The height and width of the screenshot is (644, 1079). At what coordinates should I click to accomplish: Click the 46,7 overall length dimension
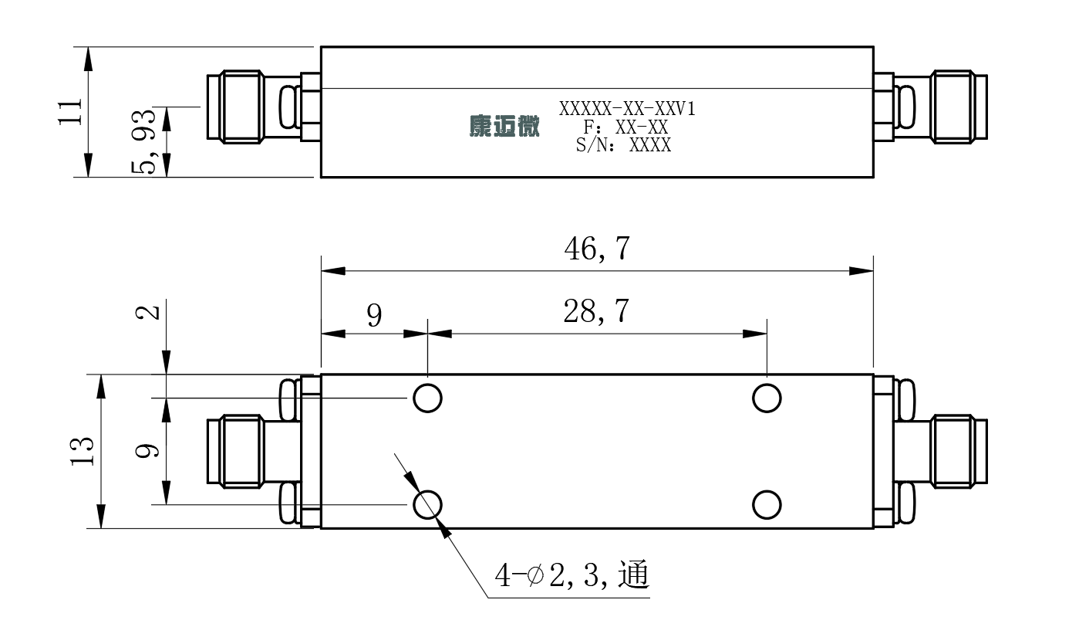coord(597,249)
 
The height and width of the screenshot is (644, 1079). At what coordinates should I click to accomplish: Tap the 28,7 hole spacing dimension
coord(596,311)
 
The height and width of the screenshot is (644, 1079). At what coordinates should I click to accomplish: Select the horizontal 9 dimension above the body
coord(374,316)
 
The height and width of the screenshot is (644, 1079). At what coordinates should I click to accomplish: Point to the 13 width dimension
coord(83,451)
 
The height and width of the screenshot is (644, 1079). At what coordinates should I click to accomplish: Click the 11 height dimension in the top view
coord(70,112)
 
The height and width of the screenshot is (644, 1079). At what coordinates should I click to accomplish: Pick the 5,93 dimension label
coord(144,142)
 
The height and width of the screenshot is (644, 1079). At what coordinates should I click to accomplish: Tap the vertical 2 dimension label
coord(147,313)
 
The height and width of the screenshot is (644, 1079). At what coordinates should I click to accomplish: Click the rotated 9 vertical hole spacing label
coord(147,450)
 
